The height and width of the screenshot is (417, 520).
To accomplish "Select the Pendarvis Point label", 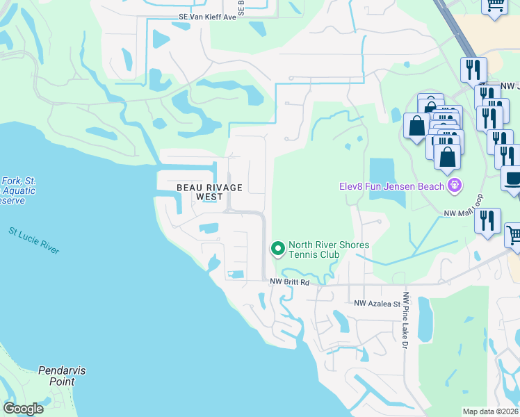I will coord(62,376).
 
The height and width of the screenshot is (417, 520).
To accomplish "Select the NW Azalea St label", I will coord(377,303).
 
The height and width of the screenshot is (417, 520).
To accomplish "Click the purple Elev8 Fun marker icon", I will coord(455,185).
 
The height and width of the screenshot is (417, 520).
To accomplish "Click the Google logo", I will coord(23,409).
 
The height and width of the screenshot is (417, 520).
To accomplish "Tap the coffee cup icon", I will coord(513,178).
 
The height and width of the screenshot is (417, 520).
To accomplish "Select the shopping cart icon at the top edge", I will coord(494,6).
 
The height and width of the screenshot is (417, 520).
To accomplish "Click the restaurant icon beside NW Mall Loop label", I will coord(487,220).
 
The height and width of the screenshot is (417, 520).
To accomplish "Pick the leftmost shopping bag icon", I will coord(416,126).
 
